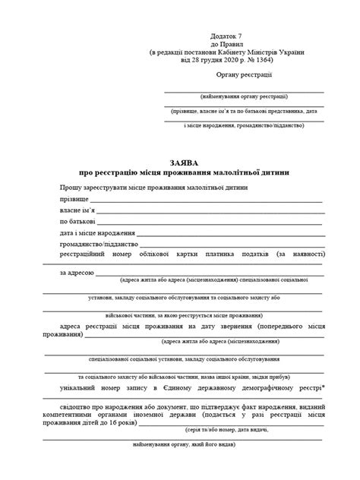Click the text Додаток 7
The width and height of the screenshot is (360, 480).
pos(227,36)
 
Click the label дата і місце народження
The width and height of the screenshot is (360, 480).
pos(97,233)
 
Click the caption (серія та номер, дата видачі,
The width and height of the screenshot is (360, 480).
pos(245,431)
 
